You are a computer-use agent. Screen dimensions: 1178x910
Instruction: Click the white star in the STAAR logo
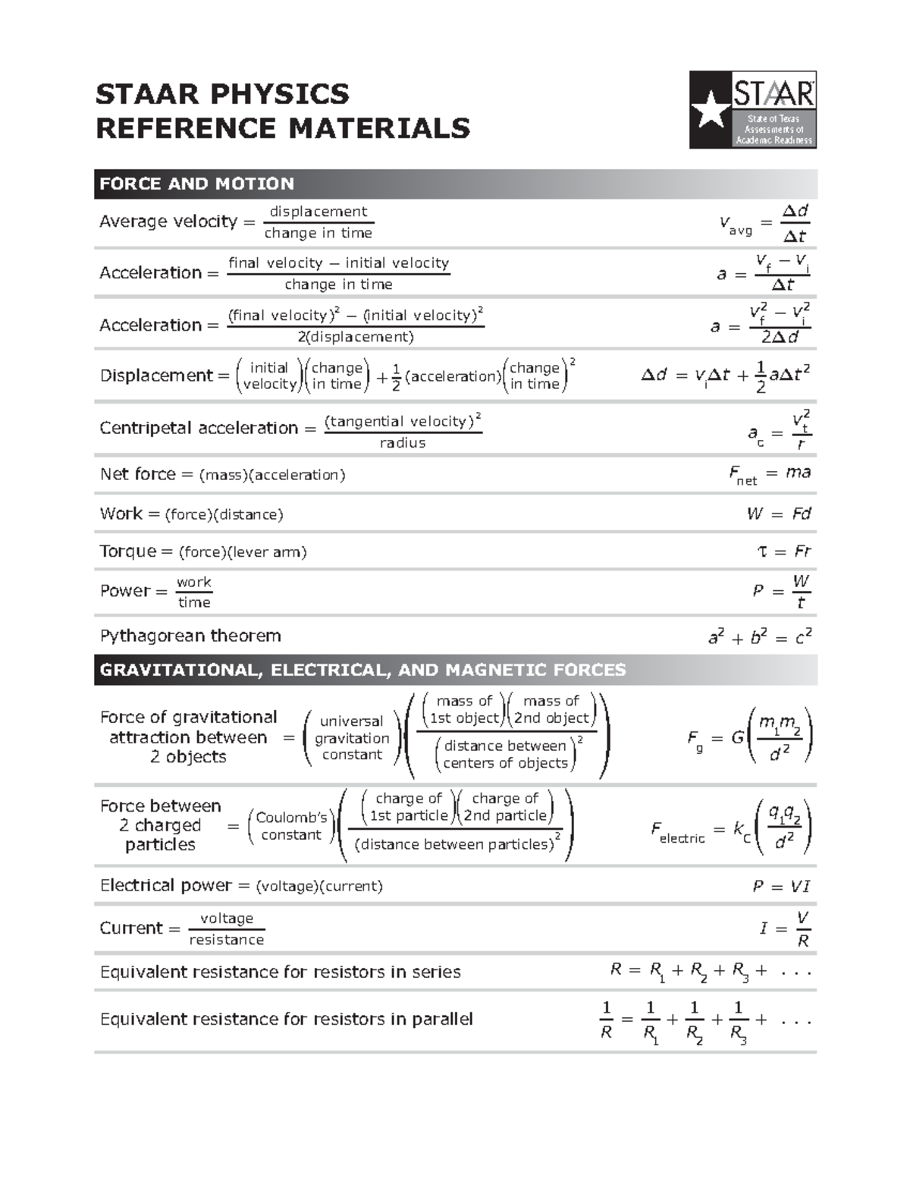[x=711, y=109]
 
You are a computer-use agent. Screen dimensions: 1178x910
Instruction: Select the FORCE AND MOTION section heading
[x=196, y=184]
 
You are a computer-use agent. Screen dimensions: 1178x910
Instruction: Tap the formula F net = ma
[x=769, y=475]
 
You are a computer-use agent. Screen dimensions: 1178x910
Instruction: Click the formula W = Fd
[x=779, y=514]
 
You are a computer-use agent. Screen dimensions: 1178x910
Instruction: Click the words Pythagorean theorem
[x=190, y=636]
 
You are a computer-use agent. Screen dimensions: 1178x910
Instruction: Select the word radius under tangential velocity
[x=403, y=443]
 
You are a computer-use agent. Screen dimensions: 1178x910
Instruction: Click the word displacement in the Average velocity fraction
[x=318, y=212]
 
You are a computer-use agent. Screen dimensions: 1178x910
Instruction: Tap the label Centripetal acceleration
[x=199, y=428]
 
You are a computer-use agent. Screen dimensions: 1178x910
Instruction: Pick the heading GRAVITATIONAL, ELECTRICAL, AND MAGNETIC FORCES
[x=362, y=670]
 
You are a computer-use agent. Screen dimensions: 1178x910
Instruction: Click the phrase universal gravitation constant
[x=352, y=737]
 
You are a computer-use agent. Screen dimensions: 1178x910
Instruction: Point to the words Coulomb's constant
[x=291, y=826]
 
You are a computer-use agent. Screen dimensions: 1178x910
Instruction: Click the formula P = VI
[x=781, y=887]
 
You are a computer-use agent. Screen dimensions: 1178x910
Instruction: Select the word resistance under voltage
[x=226, y=940]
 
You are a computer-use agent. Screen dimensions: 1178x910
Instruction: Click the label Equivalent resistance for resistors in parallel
[x=286, y=1019]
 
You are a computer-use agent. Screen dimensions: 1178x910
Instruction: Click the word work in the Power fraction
[x=193, y=582]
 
